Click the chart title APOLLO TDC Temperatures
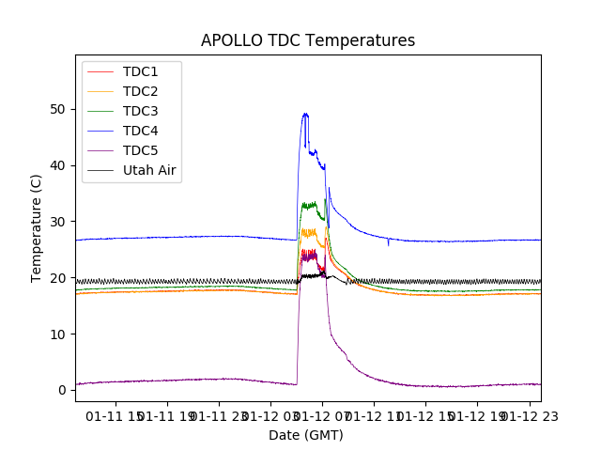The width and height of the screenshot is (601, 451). [307, 41]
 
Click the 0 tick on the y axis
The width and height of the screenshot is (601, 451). [63, 390]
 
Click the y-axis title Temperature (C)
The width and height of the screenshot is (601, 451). [37, 227]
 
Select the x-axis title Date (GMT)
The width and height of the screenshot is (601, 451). [306, 435]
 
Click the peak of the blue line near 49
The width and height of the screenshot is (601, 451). [305, 115]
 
